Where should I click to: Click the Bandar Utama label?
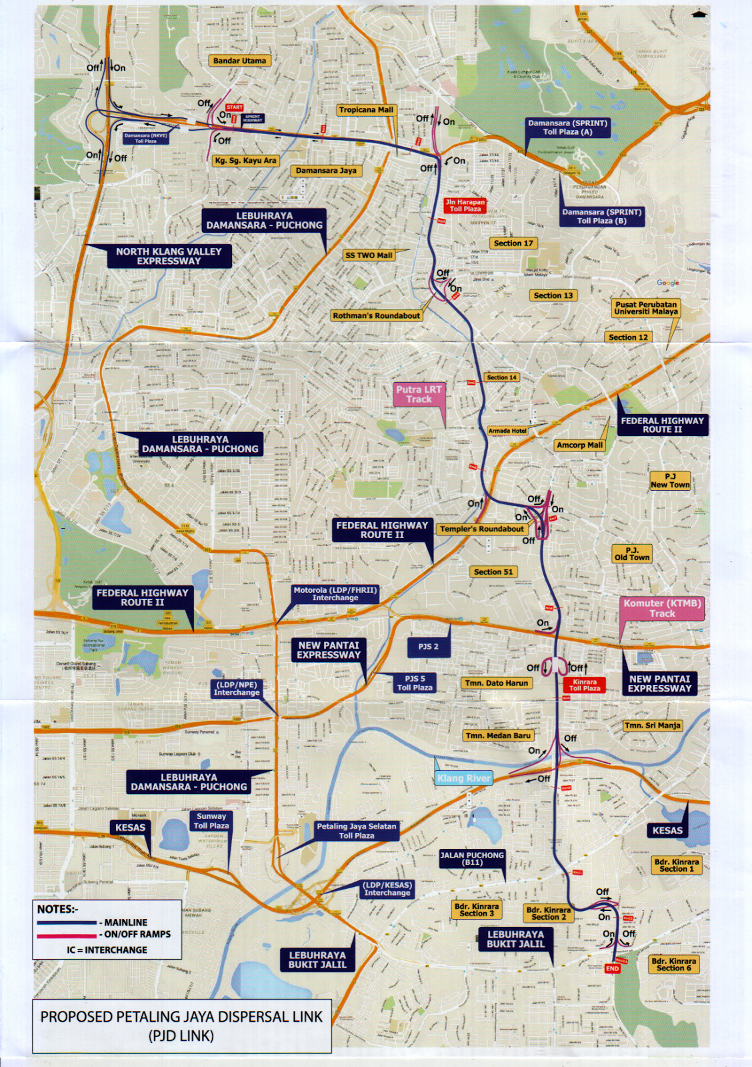tap(239, 61)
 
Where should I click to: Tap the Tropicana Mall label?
tap(366, 110)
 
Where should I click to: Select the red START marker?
tap(234, 107)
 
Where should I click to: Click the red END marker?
tap(612, 968)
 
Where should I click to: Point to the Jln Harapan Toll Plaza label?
tap(465, 205)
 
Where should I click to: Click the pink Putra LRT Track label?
tap(419, 394)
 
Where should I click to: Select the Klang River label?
tap(464, 778)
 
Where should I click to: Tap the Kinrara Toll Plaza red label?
tap(584, 685)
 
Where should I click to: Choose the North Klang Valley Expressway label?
tap(169, 256)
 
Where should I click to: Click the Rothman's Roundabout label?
tap(377, 315)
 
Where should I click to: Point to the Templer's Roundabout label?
tap(481, 529)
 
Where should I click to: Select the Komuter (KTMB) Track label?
tap(662, 608)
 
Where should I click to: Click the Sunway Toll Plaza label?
tap(211, 821)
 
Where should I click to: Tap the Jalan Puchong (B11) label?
tap(472, 858)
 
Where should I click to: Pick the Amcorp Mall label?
tap(579, 445)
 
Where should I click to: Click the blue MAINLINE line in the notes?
tap(67, 922)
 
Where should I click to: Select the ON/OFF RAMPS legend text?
tap(137, 934)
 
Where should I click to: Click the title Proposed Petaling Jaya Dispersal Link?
tap(181, 1026)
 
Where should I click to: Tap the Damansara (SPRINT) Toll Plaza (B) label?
tap(601, 216)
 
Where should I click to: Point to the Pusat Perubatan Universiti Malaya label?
tap(645, 308)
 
